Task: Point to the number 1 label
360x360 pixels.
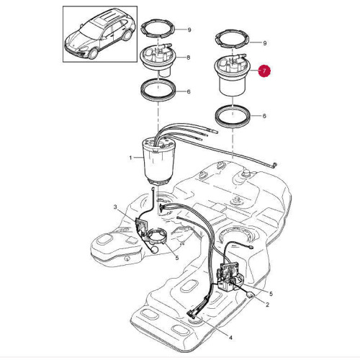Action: [x=130, y=158]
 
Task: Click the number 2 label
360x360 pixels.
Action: [x=267, y=305]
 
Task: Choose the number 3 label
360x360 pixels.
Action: [x=115, y=208]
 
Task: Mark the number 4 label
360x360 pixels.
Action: [x=230, y=338]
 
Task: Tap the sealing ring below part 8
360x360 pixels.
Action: [x=156, y=92]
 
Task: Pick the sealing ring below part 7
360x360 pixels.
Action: [x=234, y=115]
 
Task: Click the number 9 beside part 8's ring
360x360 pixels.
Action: [x=189, y=30]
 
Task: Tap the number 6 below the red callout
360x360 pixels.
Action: [x=265, y=116]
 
